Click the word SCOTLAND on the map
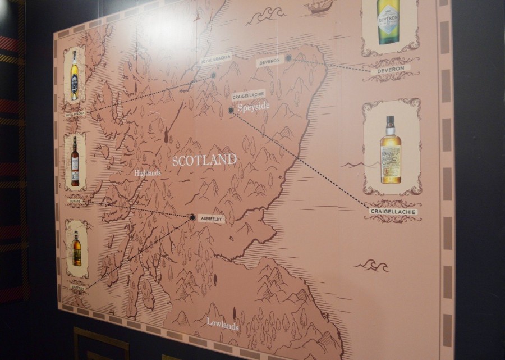(x=204, y=160)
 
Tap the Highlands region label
(x=148, y=173)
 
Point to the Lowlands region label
(x=222, y=325)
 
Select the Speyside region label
(x=253, y=106)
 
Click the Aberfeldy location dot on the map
(x=192, y=217)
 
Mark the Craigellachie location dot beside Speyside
(x=231, y=110)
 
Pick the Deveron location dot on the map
(x=288, y=58)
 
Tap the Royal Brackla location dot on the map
(x=213, y=74)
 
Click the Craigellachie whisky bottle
(x=391, y=151)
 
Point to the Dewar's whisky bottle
(x=75, y=162)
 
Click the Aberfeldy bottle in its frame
(x=76, y=249)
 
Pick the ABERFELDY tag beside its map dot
(x=212, y=218)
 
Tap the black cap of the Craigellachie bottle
(x=390, y=121)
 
